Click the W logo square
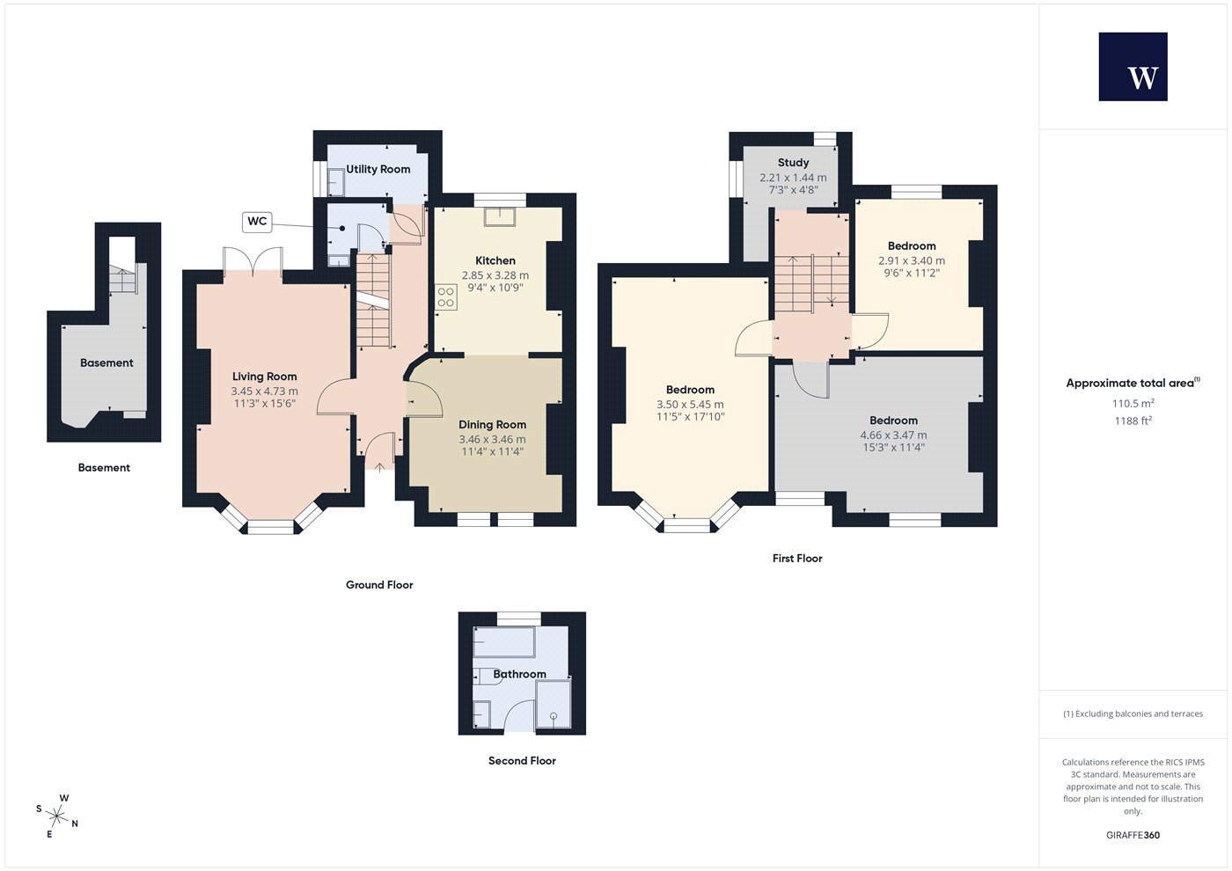click(x=1133, y=67)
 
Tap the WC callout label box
click(x=257, y=222)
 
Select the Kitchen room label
click(x=495, y=260)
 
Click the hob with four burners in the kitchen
click(x=446, y=297)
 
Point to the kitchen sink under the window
click(x=500, y=216)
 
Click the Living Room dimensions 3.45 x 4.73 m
click(x=265, y=392)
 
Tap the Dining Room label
click(x=492, y=424)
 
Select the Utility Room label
click(x=378, y=169)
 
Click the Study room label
click(x=793, y=163)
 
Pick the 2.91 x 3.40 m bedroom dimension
click(x=912, y=260)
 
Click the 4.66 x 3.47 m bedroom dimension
click(x=894, y=435)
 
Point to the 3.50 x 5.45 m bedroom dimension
click(x=690, y=404)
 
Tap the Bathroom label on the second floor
click(x=520, y=674)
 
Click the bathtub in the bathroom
click(x=503, y=641)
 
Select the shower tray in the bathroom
click(x=554, y=705)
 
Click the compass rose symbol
click(x=56, y=816)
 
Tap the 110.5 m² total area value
click(x=1133, y=403)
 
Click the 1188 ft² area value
click(x=1133, y=421)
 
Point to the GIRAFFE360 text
click(x=1133, y=835)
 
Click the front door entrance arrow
click(x=379, y=467)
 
